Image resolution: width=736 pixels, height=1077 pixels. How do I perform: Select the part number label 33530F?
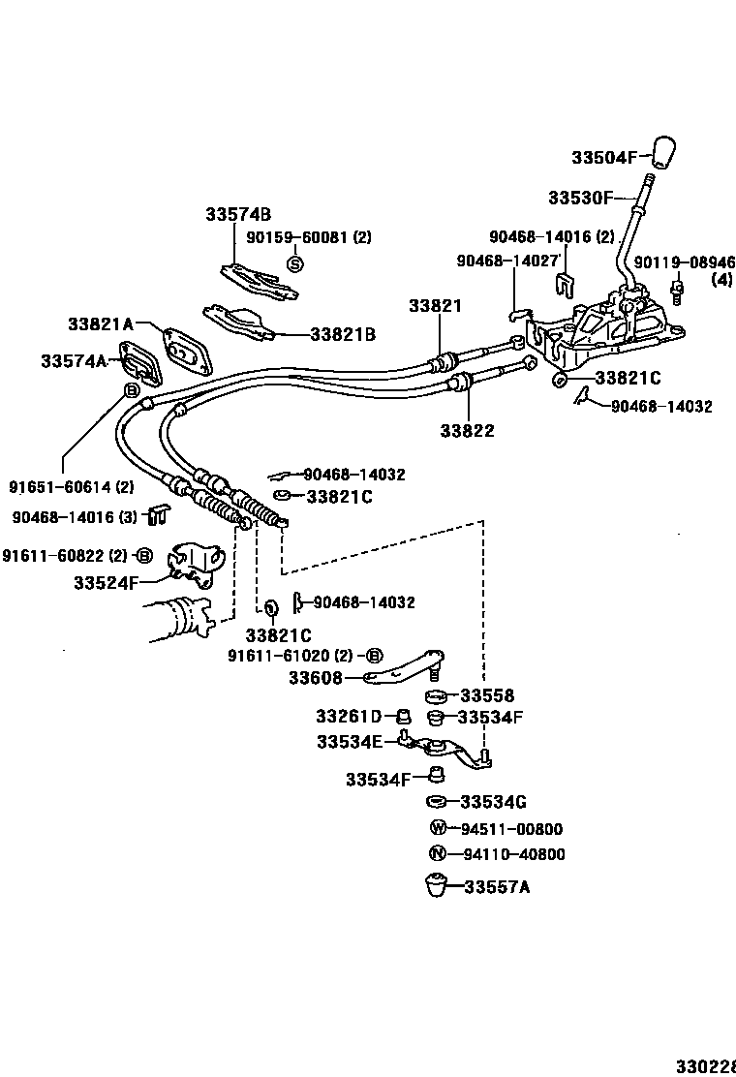point(580,198)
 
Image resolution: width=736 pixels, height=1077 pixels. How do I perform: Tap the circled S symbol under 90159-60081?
point(296,262)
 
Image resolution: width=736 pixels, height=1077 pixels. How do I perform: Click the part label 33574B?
point(237,214)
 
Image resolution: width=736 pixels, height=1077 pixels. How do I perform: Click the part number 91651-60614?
point(72,487)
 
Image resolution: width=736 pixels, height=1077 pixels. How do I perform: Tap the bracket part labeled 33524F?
point(197,566)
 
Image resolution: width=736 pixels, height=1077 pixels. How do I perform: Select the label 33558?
point(487,695)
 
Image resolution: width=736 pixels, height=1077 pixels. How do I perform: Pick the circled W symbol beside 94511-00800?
point(438,828)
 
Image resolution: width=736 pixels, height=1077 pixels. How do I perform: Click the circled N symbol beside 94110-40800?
point(437,854)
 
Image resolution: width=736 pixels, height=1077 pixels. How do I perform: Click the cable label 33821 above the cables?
point(435,305)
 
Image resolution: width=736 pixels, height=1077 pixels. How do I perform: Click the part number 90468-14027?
point(507,261)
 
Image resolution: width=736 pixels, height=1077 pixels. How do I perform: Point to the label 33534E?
point(350,741)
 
